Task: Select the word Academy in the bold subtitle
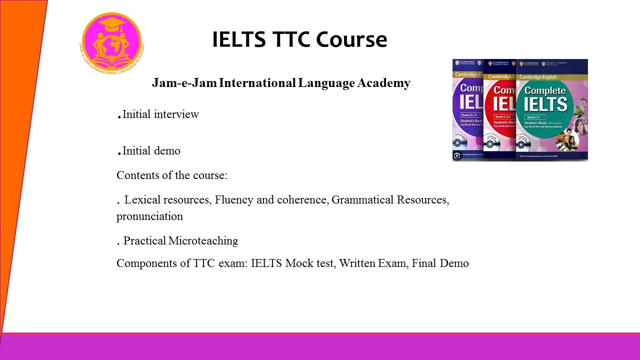click(x=383, y=83)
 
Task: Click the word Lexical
click(x=141, y=200)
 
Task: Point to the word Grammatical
click(x=362, y=200)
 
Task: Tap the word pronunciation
click(x=149, y=216)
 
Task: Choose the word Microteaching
click(x=203, y=241)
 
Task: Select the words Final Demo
click(x=440, y=263)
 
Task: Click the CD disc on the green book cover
click(x=523, y=144)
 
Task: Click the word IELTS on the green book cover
click(x=545, y=104)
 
